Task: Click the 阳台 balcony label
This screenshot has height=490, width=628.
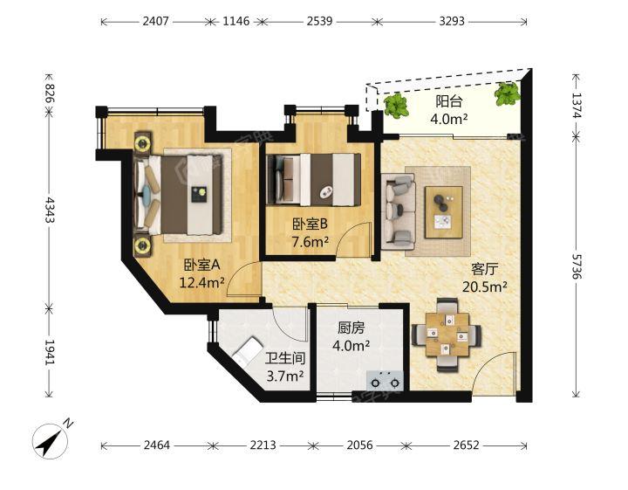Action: click(449, 101)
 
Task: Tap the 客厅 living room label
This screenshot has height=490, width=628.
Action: click(485, 269)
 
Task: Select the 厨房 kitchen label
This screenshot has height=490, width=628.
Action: click(351, 328)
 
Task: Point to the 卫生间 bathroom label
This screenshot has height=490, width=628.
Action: click(285, 358)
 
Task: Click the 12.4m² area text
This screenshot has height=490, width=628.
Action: click(201, 283)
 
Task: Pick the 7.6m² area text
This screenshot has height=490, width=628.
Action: click(311, 242)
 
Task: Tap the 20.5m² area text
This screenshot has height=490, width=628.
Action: click(485, 286)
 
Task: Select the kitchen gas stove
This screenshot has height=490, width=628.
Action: click(385, 381)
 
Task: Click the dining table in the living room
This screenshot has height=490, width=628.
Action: click(447, 335)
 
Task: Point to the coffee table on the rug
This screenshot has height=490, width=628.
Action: click(444, 212)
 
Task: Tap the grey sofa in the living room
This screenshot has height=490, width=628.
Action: click(398, 211)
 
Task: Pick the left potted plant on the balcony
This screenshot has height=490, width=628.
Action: click(396, 106)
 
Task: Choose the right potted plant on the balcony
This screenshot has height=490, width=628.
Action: click(508, 93)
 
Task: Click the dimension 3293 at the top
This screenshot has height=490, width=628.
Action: click(452, 21)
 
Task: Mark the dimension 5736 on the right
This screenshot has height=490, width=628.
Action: click(577, 266)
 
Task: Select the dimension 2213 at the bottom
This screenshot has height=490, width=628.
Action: click(263, 445)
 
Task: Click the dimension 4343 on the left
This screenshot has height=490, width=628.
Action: click(49, 210)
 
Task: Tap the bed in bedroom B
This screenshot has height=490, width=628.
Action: click(314, 180)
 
